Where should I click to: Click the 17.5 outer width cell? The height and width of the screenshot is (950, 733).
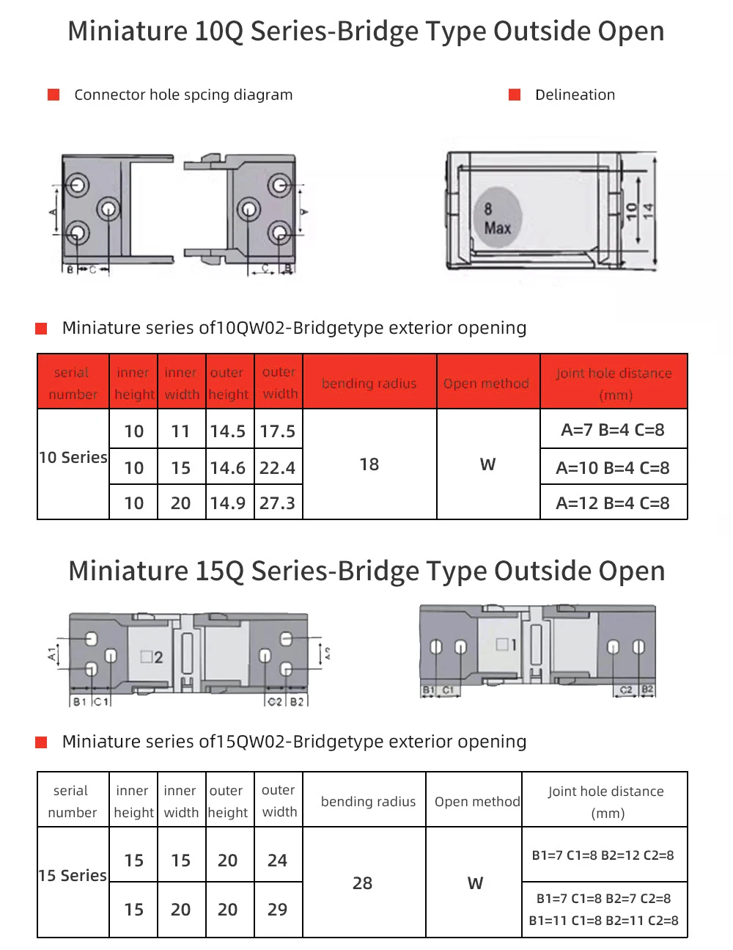tap(278, 431)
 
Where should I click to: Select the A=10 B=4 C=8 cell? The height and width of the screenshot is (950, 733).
tap(613, 468)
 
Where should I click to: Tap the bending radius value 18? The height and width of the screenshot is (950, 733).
tap(369, 464)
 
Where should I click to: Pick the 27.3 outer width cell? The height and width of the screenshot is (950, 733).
tap(278, 503)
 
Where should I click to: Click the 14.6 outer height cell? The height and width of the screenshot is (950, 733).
tap(227, 468)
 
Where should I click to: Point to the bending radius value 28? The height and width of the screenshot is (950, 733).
tap(363, 883)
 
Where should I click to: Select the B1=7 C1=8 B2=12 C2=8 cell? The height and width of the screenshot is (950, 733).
tap(603, 855)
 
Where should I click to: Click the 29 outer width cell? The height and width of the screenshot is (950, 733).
tap(278, 910)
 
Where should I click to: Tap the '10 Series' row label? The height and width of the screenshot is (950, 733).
tap(73, 458)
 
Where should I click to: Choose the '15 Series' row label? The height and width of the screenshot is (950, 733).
tap(73, 876)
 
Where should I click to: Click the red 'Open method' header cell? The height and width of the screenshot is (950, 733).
tap(487, 384)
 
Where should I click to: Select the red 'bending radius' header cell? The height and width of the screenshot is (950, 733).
tap(369, 384)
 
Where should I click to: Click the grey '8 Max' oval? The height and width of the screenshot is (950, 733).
tap(498, 217)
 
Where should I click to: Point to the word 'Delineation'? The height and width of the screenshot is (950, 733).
tap(575, 95)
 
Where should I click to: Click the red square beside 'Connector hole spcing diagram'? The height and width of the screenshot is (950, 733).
tap(54, 95)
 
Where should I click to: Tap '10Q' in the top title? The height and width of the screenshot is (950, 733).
tap(218, 32)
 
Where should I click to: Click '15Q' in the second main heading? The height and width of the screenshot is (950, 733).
tap(219, 571)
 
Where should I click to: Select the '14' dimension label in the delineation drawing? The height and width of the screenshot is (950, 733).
tap(648, 211)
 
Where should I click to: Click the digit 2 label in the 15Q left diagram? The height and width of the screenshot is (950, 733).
tap(158, 657)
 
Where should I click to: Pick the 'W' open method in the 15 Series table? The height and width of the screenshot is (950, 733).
tap(476, 883)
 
